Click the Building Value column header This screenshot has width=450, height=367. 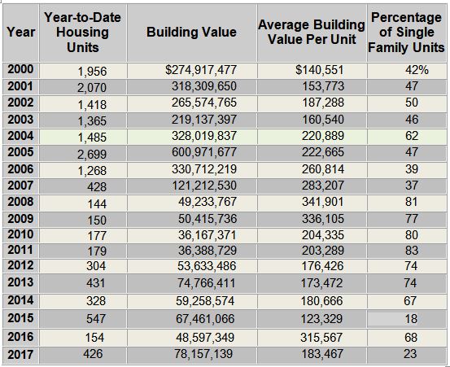191,32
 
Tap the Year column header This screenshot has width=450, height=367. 20,32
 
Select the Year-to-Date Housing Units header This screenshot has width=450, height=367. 83,32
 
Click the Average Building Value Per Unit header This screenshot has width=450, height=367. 312,32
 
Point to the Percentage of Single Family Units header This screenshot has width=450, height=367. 406,32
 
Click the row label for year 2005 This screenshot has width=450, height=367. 20,152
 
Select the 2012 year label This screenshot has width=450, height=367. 20,265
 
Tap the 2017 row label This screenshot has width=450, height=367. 20,355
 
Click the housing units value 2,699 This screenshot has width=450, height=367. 92,155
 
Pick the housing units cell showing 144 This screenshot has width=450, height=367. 97,204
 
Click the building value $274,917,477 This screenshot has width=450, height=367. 201,70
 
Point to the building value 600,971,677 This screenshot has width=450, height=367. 204,152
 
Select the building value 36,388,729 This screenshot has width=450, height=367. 208,251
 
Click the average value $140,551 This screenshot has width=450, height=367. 320,70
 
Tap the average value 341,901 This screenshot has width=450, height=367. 322,202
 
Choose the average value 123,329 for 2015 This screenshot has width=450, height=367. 321,319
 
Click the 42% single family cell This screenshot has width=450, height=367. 417,70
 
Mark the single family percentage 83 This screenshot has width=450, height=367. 412,251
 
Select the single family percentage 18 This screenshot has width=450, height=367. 411,319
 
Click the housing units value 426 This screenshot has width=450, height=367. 93,353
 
